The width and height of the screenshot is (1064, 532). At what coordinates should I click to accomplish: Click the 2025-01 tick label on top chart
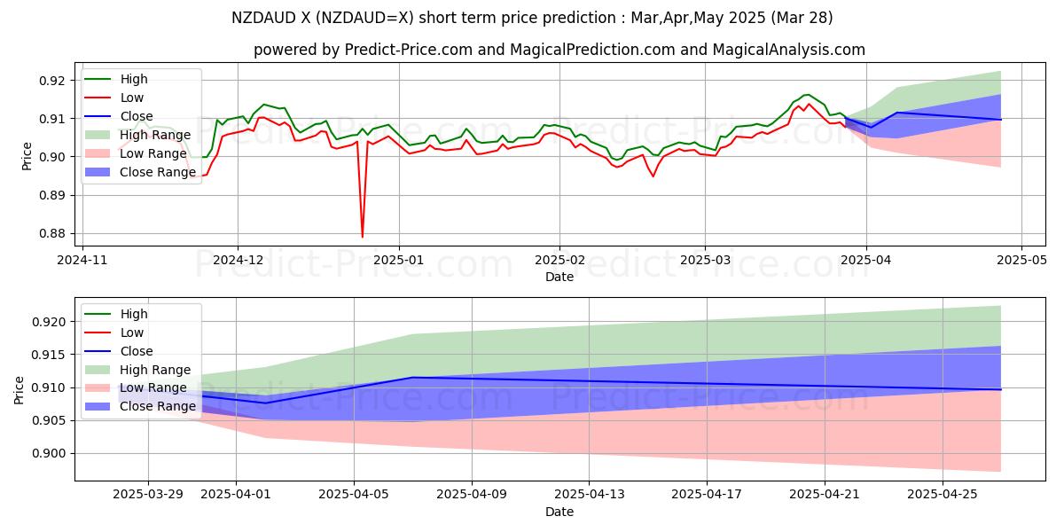[398, 261]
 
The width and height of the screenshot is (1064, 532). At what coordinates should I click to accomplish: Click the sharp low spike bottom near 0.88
[362, 236]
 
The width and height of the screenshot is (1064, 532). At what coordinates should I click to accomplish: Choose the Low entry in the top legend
[131, 98]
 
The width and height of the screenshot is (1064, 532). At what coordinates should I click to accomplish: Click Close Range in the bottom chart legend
[157, 406]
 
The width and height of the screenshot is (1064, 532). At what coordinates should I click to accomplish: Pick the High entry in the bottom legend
[133, 314]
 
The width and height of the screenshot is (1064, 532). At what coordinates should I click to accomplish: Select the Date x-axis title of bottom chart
[559, 512]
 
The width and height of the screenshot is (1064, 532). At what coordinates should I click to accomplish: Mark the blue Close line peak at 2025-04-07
[413, 378]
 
